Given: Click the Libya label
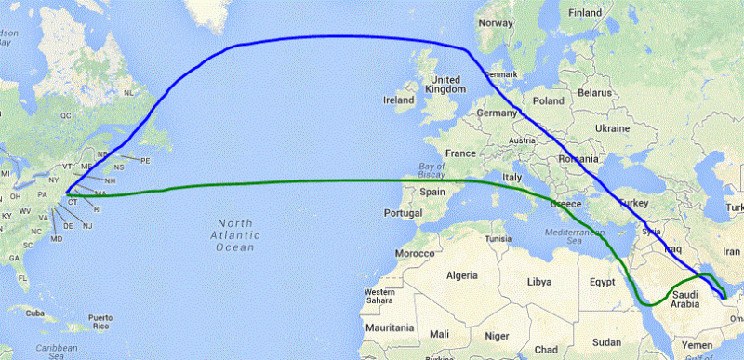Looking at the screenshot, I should [539, 280].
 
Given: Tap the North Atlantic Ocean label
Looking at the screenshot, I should [235, 235].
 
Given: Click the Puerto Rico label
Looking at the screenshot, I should [100, 323].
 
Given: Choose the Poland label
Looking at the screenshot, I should [549, 100].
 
